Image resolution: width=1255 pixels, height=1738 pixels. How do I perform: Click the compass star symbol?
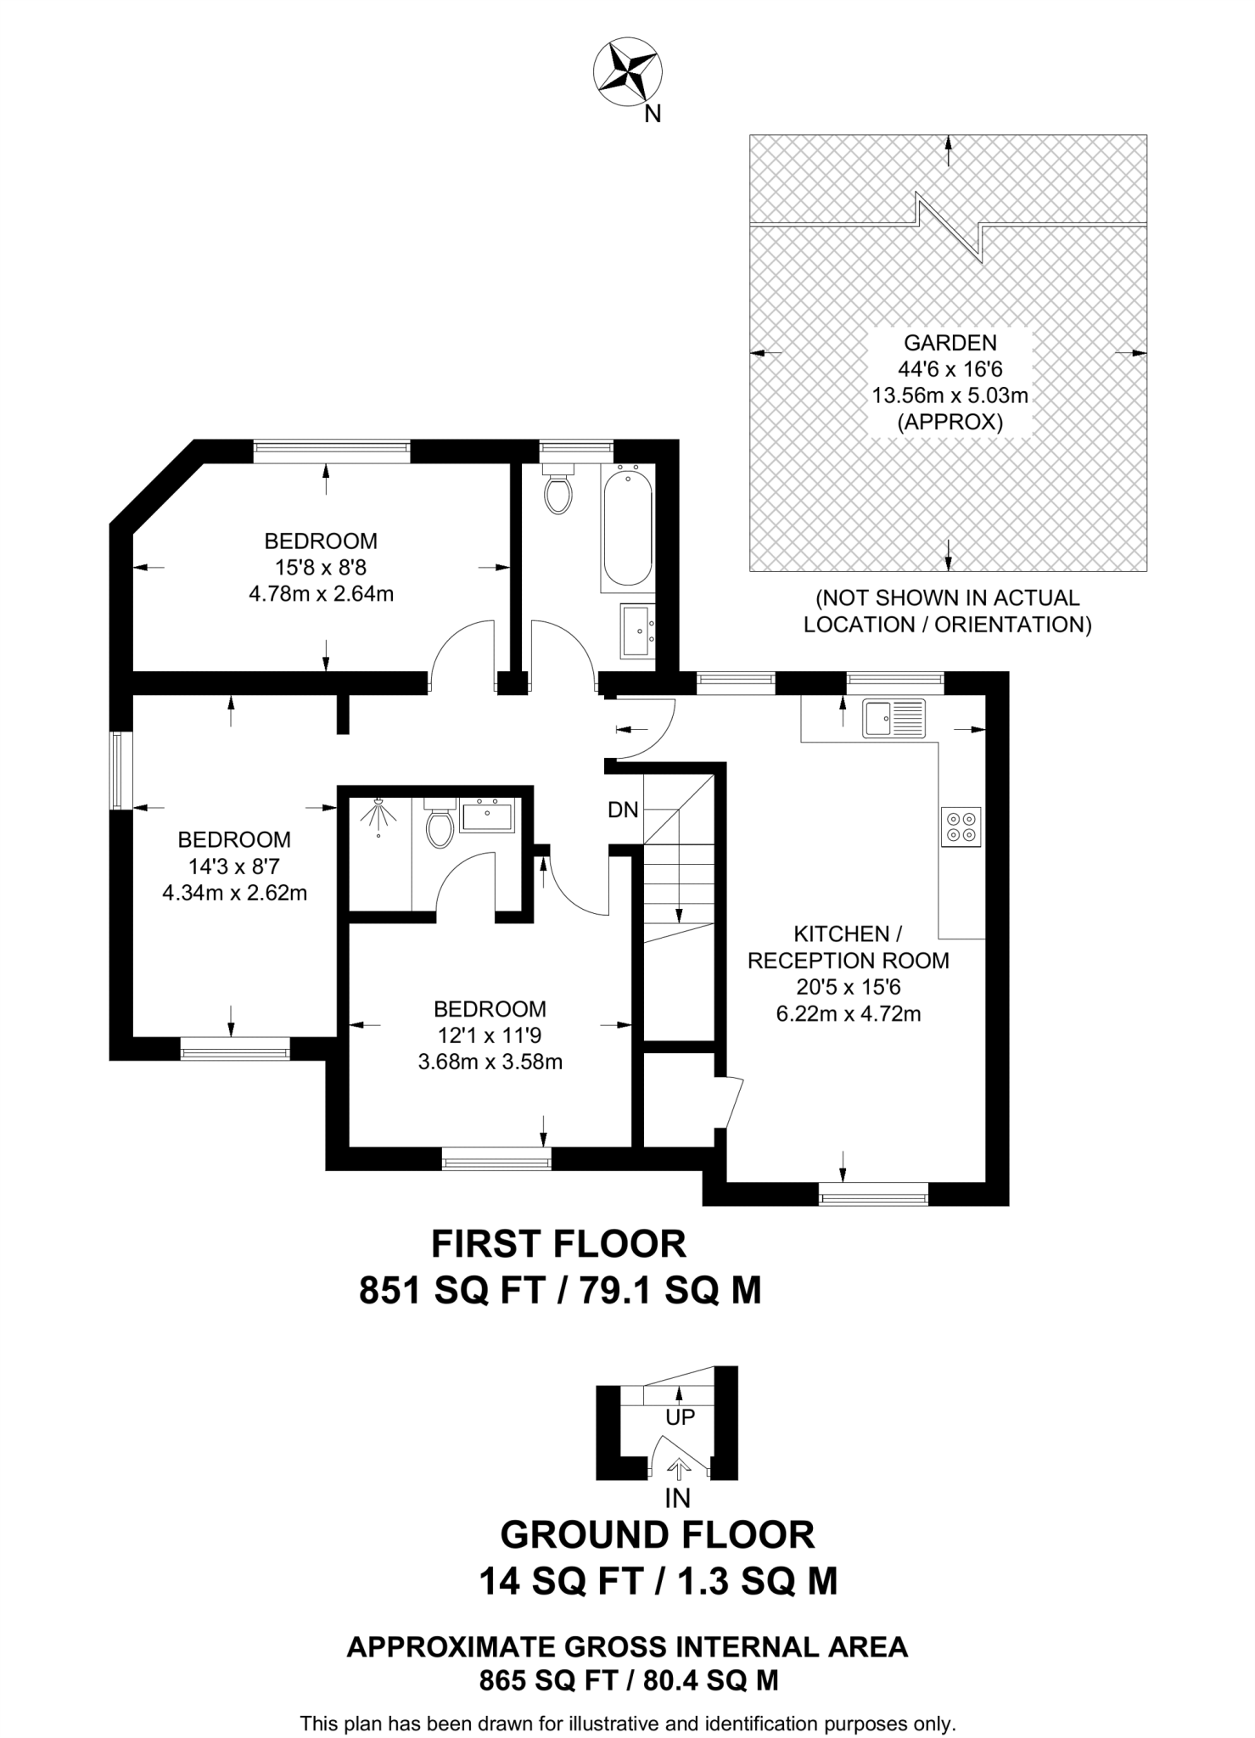point(629,73)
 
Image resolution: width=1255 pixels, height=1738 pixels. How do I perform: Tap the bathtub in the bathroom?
point(628,529)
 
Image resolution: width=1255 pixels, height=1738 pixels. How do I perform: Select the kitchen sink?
point(894,718)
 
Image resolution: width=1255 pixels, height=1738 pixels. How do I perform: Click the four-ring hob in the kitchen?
point(961,826)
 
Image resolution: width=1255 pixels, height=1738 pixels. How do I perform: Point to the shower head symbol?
point(378,816)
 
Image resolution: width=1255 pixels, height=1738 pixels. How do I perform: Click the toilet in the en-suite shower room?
point(440,823)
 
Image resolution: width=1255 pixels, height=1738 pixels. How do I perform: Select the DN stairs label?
point(623,810)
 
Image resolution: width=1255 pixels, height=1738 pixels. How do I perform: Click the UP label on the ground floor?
point(680,1416)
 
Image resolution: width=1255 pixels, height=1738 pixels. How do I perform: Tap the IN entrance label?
point(677,1499)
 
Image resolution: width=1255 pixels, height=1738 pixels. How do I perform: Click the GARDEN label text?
point(950,343)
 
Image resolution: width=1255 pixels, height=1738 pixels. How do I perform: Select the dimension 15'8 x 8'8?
point(321,567)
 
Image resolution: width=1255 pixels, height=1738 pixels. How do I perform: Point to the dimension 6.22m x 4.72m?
point(849,1013)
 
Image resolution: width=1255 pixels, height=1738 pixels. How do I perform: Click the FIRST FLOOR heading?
point(558,1244)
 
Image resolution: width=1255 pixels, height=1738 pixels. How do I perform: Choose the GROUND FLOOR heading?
point(658,1534)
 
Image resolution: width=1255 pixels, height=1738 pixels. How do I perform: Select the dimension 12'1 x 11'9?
point(490,1035)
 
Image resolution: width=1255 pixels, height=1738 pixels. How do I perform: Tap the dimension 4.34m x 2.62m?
point(234,893)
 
